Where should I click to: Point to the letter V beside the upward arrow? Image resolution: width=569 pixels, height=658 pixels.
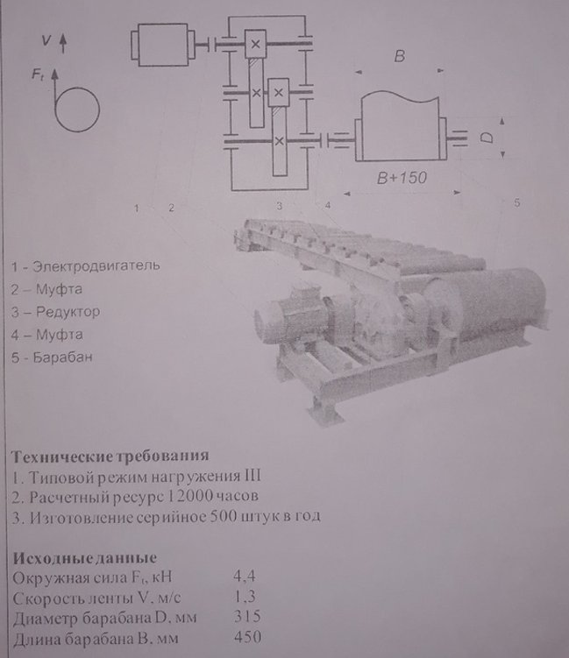[x=46, y=40]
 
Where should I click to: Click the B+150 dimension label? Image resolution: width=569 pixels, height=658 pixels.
[x=402, y=178]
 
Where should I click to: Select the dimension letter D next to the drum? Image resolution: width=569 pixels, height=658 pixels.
[x=487, y=138]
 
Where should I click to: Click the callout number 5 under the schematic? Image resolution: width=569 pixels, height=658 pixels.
[x=517, y=202]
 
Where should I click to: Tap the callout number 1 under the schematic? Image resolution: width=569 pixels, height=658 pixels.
[x=136, y=208]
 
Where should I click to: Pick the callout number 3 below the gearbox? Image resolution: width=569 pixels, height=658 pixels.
[x=280, y=206]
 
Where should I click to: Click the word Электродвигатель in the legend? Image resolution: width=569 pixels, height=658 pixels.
[x=96, y=266]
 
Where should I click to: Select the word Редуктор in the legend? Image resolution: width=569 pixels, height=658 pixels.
[x=68, y=312]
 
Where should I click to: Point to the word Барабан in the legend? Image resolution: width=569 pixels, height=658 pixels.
[x=62, y=357]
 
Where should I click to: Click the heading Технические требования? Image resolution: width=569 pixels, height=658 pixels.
[x=110, y=456]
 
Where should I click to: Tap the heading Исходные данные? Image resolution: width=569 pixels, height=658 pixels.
[x=84, y=558]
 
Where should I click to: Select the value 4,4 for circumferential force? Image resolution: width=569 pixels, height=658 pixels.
[x=245, y=577]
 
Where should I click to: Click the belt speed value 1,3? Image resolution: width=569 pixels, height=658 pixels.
[x=245, y=597]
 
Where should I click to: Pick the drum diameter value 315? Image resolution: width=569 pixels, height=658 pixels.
[x=247, y=617]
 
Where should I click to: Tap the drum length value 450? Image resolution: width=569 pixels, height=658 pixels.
[x=248, y=637]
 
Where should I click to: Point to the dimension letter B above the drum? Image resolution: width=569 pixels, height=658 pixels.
[x=399, y=56]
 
